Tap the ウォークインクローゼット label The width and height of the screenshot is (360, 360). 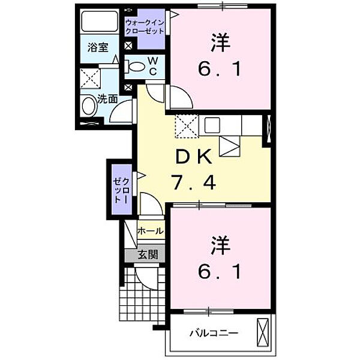(x=144, y=26)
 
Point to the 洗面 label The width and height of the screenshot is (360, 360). (x=107, y=100)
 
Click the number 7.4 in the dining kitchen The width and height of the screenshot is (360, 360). (x=193, y=181)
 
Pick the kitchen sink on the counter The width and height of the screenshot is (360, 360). (x=213, y=125)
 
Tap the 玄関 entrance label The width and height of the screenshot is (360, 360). (x=148, y=254)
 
